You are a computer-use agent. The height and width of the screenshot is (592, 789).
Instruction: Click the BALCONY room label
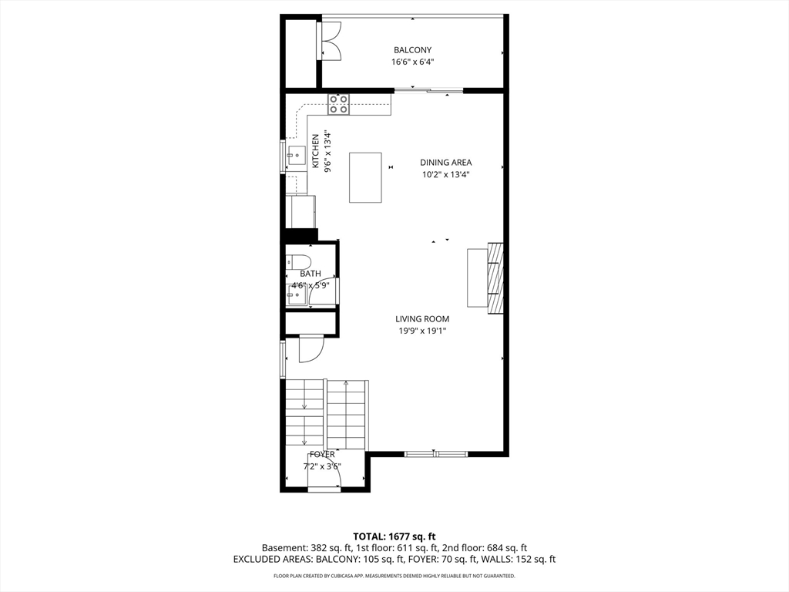[412, 50]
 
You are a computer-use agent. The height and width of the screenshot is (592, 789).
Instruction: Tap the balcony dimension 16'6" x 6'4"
[412, 62]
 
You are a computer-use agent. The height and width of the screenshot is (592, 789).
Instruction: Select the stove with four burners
[338, 104]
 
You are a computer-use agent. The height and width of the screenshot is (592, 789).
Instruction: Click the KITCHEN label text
[316, 151]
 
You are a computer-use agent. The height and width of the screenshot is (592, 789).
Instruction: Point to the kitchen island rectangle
[365, 177]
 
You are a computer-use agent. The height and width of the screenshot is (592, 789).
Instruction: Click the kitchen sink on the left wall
[296, 156]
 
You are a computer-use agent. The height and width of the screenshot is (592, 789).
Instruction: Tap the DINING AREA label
[445, 163]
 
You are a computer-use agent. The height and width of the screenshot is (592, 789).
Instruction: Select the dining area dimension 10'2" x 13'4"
[445, 175]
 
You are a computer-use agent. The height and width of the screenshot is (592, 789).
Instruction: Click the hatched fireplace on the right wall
[495, 280]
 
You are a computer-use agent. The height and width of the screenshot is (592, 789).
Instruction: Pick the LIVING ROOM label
[422, 319]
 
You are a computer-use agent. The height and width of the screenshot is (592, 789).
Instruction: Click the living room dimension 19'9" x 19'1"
[422, 331]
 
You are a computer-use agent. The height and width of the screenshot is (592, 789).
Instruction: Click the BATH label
[311, 274]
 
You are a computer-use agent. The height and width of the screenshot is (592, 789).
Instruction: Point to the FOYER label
[322, 455]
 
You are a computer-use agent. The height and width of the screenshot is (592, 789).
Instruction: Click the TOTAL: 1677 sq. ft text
[394, 536]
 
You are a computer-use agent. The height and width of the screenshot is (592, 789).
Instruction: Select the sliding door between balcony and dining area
[428, 91]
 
